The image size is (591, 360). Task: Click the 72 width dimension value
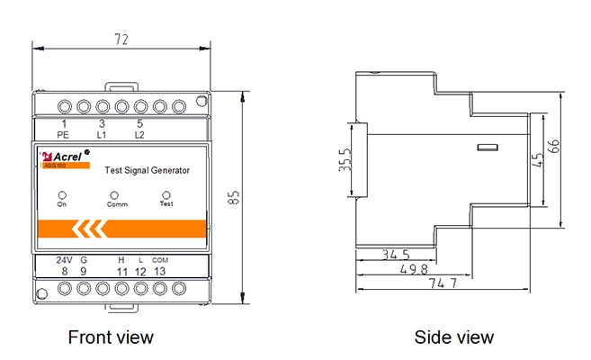[x=122, y=40]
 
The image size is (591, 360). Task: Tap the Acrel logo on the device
[x=64, y=155]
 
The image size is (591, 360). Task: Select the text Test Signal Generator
[x=148, y=169]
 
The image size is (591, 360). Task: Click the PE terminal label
[x=63, y=134]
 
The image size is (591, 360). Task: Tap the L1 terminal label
[x=102, y=134]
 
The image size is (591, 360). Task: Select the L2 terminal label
[x=139, y=134]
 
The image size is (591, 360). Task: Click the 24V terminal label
[x=64, y=259]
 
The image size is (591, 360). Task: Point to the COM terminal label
[x=160, y=259]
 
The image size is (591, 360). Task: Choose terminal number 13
[x=160, y=271]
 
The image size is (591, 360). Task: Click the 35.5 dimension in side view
[x=345, y=160]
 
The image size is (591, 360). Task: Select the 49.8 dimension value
[x=413, y=269]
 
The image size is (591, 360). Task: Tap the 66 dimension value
[x=569, y=146]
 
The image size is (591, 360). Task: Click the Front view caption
[x=111, y=337]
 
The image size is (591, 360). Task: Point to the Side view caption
[x=453, y=337]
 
